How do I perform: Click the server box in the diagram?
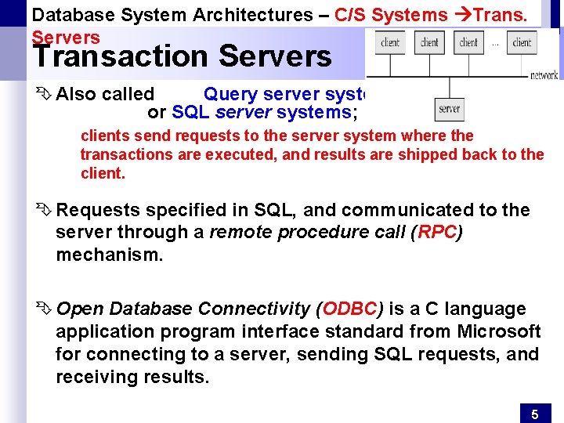(x=450, y=109)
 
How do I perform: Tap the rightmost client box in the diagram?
(x=522, y=43)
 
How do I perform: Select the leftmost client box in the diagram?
(x=390, y=43)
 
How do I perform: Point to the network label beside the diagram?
(x=544, y=76)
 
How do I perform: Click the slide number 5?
(x=535, y=414)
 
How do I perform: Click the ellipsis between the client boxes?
(x=495, y=43)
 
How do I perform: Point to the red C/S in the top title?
(x=350, y=14)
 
